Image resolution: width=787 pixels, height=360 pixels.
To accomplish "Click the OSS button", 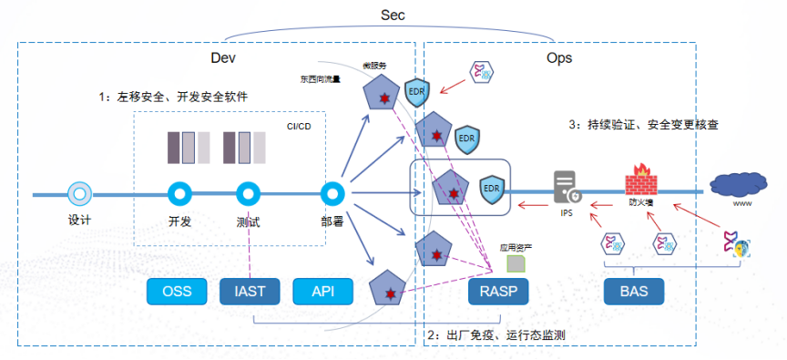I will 177,292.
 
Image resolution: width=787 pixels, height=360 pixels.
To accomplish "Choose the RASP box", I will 498,292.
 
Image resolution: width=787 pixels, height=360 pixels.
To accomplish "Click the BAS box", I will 634,292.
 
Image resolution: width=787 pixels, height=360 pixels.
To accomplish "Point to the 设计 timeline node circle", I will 79,194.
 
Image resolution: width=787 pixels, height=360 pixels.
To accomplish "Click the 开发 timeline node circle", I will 179,194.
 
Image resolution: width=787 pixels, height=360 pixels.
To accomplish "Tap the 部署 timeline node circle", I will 332,194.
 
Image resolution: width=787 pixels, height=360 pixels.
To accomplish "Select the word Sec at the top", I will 393,15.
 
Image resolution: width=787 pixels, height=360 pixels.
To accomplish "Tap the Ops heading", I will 558,57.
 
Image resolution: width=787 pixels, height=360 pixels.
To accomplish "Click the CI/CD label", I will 300,127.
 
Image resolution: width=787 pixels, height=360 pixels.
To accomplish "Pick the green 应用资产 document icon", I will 515,264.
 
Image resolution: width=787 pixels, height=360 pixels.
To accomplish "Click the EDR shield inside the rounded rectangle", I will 492,188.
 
